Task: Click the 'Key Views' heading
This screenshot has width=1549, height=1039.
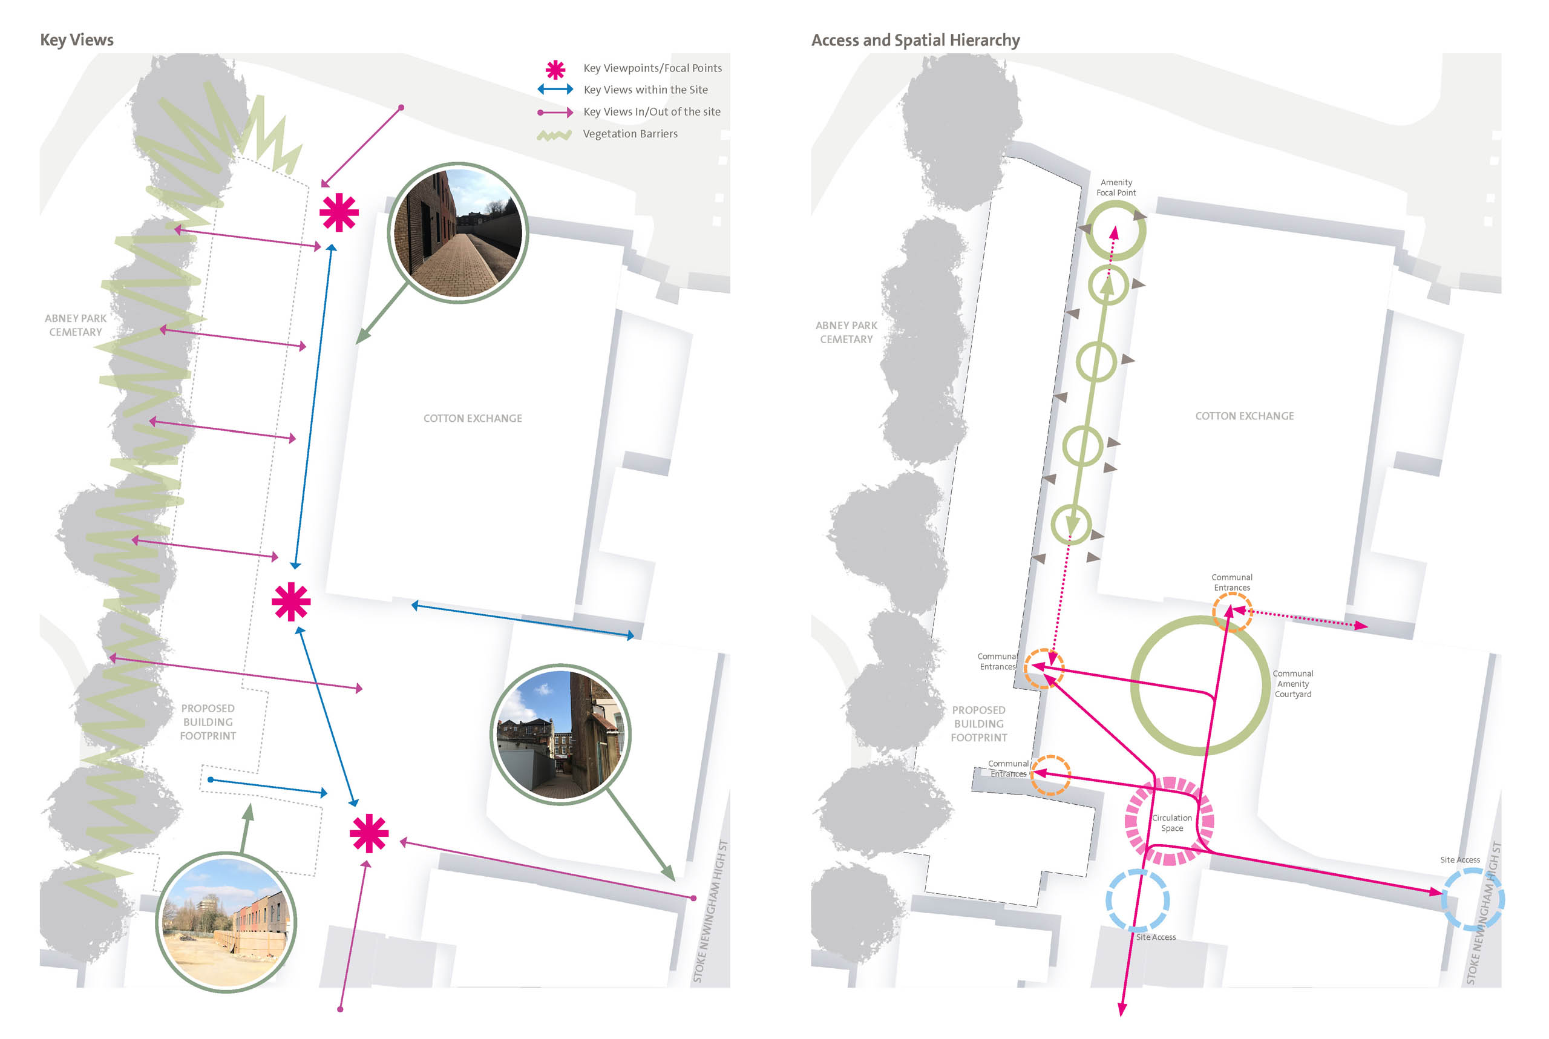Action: [77, 40]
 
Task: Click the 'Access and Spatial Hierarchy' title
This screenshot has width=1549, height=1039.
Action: [915, 41]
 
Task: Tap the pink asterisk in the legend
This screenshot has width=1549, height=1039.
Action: [555, 70]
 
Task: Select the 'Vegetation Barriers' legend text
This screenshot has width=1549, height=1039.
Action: [629, 134]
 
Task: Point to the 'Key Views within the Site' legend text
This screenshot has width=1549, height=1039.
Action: [645, 90]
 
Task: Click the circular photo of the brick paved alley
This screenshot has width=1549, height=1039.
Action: [458, 232]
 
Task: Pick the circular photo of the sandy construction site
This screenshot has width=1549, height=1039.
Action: [226, 922]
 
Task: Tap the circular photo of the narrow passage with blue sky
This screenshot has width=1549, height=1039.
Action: [560, 734]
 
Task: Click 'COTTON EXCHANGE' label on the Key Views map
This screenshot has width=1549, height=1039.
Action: [473, 419]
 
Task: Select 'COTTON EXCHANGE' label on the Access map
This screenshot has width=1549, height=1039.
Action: [1244, 416]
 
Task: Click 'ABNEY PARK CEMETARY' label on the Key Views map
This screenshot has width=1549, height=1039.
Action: [76, 326]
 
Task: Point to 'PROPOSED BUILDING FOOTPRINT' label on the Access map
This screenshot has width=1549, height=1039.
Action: [978, 724]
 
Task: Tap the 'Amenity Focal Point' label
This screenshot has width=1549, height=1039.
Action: [1116, 188]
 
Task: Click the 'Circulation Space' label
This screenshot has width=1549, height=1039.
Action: [1171, 823]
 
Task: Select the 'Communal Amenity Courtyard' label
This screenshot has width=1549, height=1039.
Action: [1292, 684]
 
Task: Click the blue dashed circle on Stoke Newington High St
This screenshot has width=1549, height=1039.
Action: [1473, 899]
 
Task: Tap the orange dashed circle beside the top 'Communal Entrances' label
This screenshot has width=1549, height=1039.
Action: [1232, 612]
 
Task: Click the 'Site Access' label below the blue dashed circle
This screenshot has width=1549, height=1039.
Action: [1156, 937]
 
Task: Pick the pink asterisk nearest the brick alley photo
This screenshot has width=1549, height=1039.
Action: [339, 213]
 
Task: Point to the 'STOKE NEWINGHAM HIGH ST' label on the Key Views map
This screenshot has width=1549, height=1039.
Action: [710, 912]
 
